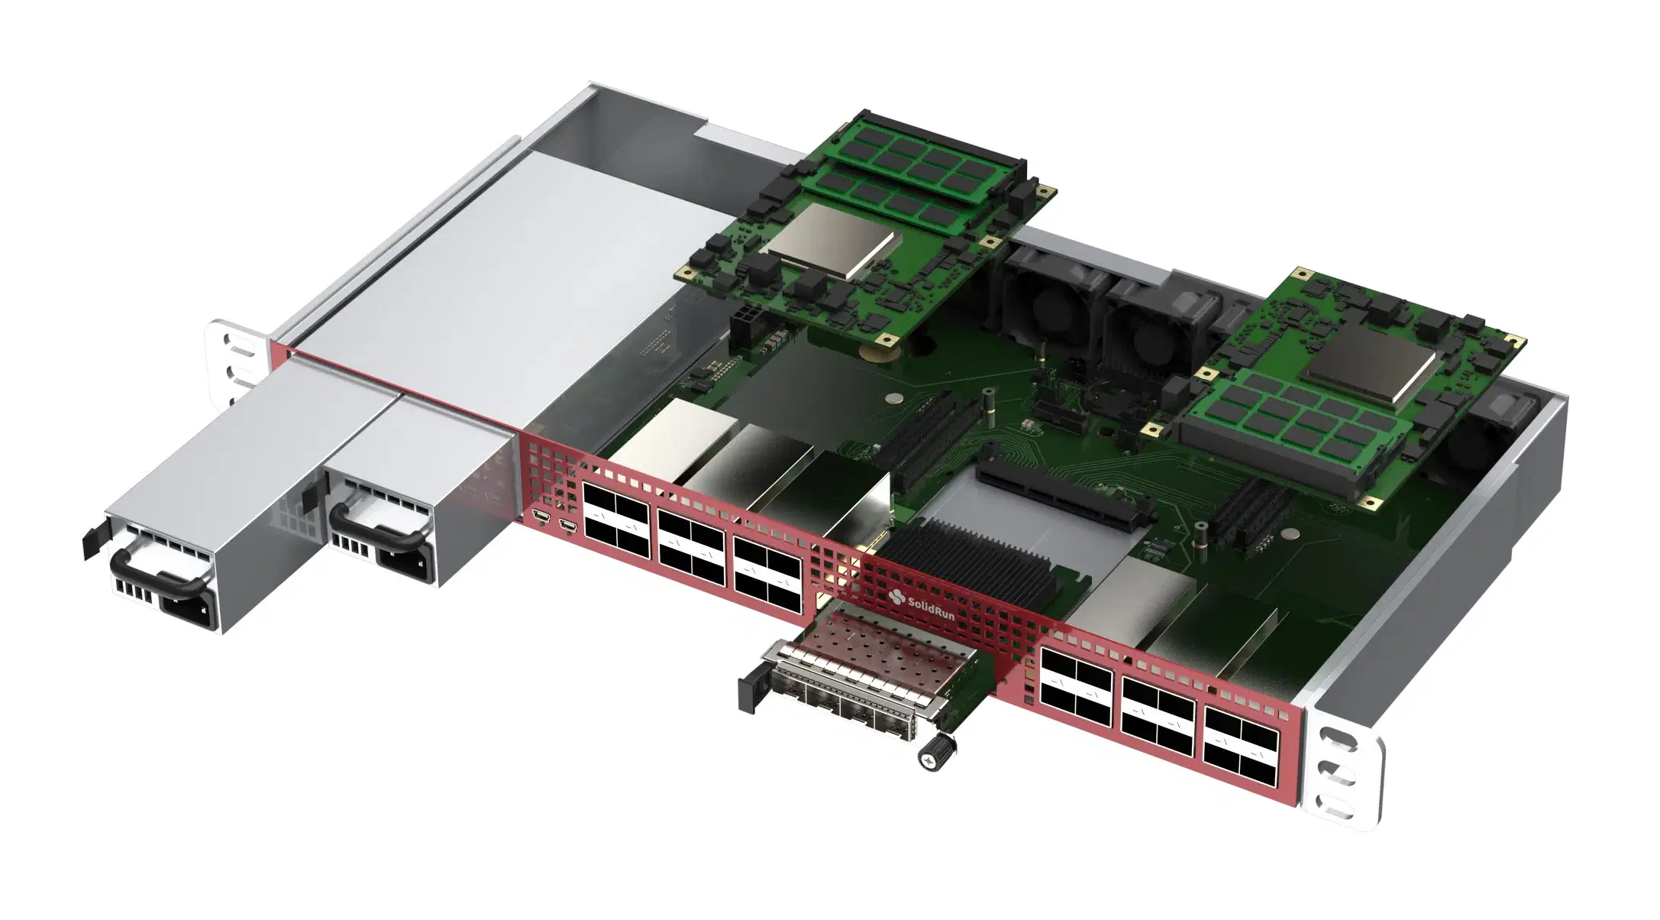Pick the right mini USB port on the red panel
tap(568, 525)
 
